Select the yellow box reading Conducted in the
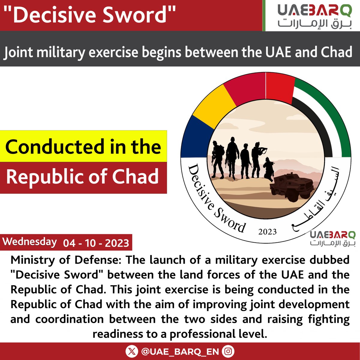83,146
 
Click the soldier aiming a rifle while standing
257,159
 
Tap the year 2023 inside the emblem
267,232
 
